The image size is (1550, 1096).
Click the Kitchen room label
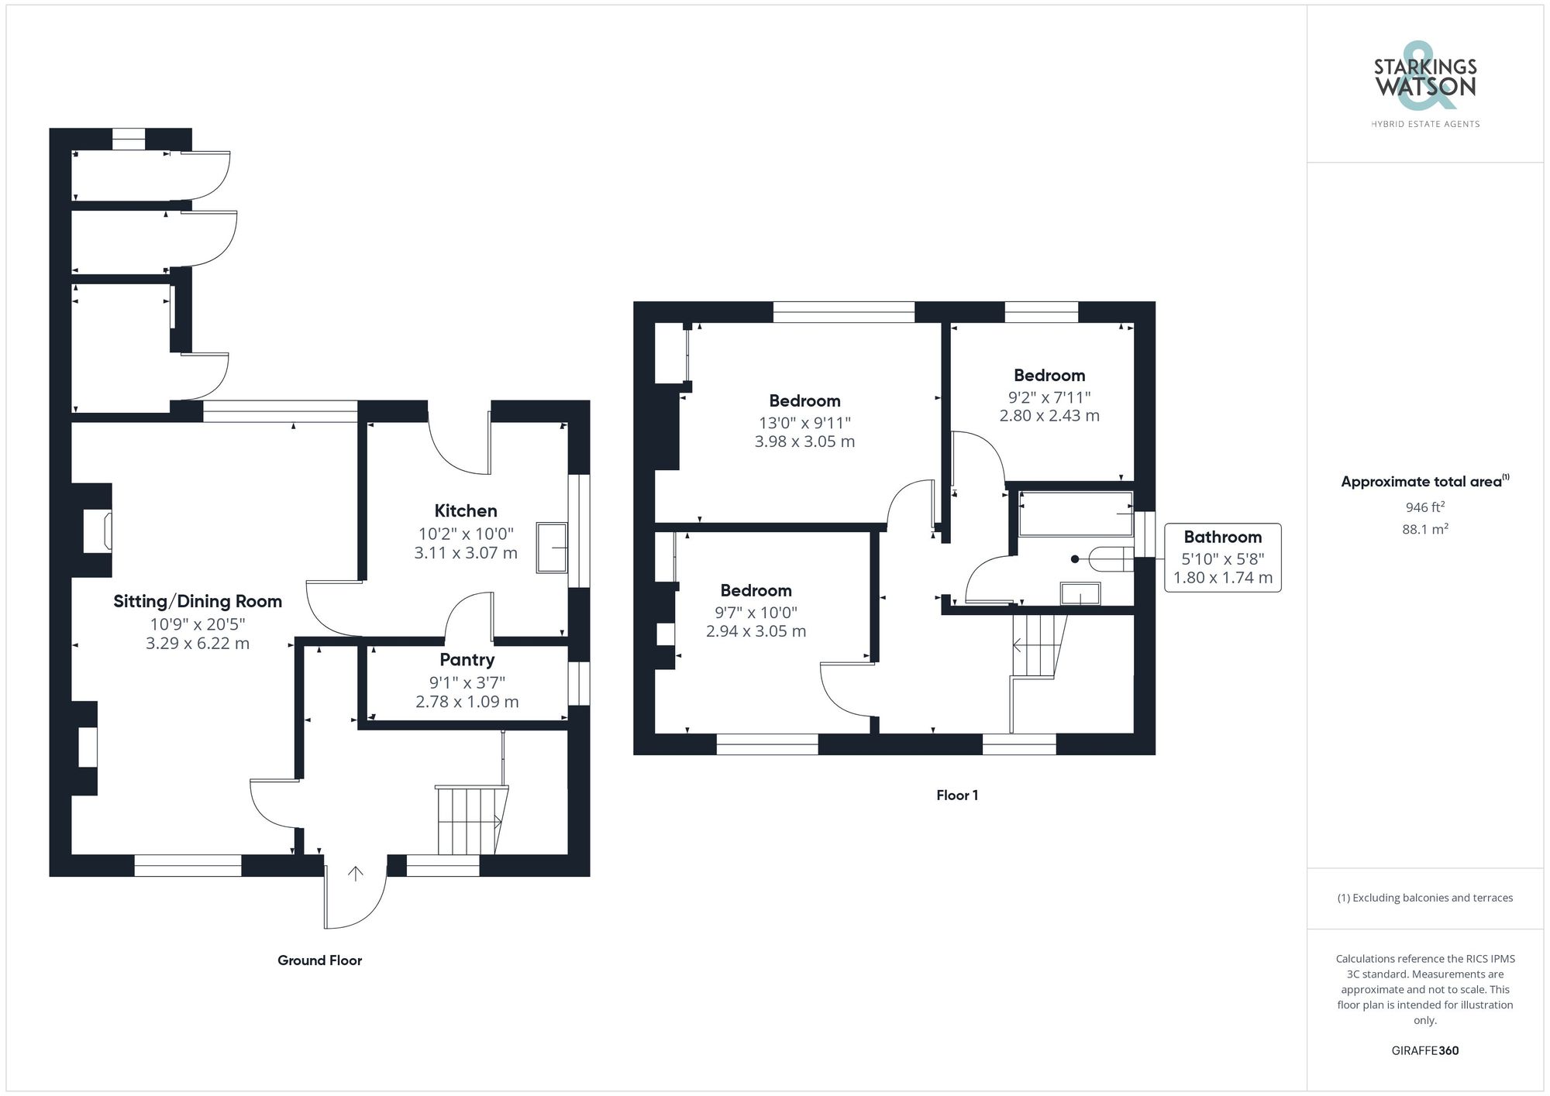465,510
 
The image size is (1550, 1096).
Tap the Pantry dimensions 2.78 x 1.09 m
467,702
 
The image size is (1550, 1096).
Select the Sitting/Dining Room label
198,601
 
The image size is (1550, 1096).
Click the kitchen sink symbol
552,548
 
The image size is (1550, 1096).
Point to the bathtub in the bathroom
1075,514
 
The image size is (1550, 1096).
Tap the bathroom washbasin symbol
1080,594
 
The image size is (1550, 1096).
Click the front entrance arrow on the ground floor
356,874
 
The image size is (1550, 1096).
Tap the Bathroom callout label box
1222,558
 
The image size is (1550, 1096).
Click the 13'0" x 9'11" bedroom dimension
804,423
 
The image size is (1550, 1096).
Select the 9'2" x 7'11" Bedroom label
1049,376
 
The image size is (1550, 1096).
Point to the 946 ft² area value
1424,508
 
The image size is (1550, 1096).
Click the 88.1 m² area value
1424,530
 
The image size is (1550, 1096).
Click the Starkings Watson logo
1424,85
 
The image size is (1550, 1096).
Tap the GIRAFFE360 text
1424,1051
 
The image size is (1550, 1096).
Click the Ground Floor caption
319,960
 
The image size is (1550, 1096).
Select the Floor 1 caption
957,795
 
